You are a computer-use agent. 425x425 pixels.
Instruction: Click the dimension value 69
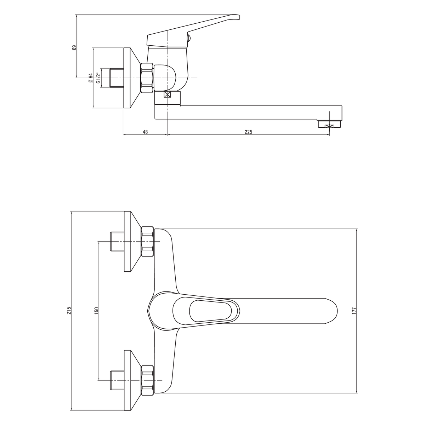(74, 47)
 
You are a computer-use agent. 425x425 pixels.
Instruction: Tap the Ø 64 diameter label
(90, 78)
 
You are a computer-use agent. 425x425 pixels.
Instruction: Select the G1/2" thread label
(98, 78)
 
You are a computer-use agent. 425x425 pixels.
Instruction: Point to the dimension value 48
(145, 132)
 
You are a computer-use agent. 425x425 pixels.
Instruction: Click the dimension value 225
(248, 132)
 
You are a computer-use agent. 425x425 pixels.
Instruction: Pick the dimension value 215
(69, 311)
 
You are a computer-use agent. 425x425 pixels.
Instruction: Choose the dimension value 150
(96, 311)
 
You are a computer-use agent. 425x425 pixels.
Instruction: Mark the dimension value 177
(354, 311)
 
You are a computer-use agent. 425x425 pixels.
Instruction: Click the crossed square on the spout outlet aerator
(329, 126)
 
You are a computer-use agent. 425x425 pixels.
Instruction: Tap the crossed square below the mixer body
(168, 95)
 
